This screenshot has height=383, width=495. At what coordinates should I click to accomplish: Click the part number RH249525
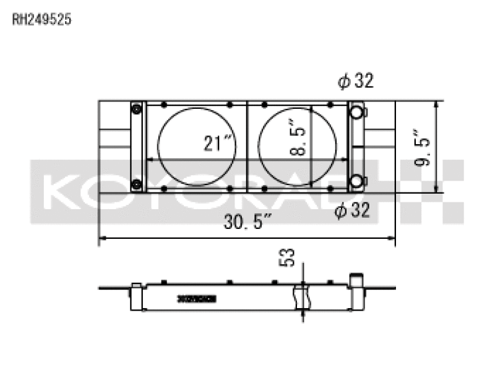tap(42, 19)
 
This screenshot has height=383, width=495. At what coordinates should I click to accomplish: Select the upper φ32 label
tap(355, 80)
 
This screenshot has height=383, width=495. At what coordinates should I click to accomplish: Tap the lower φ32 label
tap(352, 211)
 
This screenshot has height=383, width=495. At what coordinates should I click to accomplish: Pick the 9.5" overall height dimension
tap(424, 147)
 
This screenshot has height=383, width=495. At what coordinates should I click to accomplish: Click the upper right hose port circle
tap(356, 112)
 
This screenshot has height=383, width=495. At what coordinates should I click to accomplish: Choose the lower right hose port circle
tap(356, 182)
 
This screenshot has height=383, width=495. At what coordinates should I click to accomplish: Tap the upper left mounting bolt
tap(136, 110)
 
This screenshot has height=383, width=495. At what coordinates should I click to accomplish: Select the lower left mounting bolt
tap(136, 183)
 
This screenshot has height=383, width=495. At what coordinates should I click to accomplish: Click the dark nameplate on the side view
tap(196, 298)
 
